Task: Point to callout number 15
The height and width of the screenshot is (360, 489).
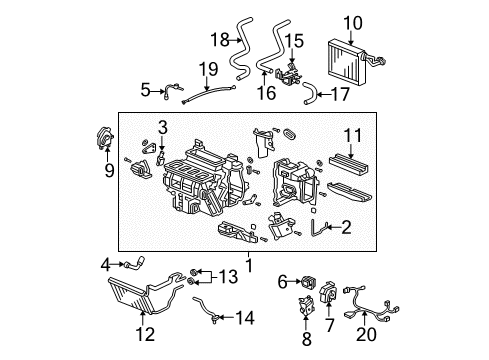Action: [294, 40]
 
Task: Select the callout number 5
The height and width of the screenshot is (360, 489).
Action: [145, 90]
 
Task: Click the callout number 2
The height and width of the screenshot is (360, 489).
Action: [345, 228]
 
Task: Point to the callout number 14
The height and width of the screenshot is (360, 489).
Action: [246, 319]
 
